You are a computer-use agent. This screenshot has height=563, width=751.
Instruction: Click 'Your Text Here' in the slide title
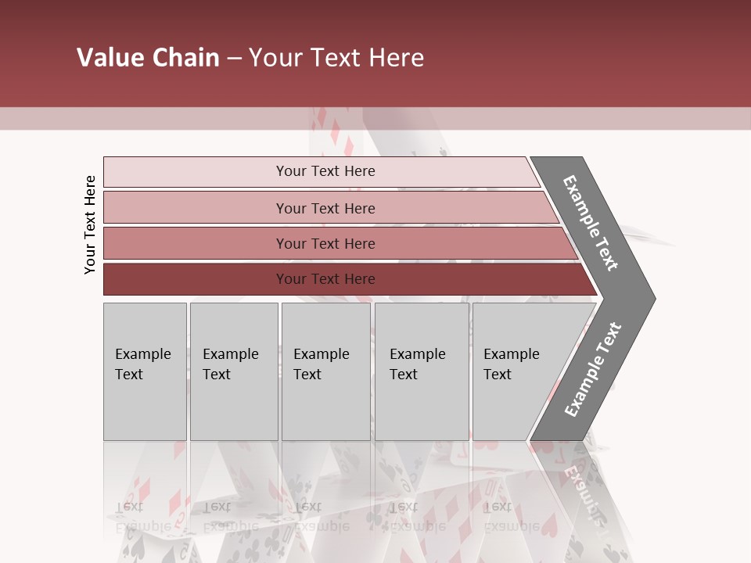point(336,58)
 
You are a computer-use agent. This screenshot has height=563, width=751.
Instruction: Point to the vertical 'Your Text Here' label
point(90,224)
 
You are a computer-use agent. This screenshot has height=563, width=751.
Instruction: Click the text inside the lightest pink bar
point(325,171)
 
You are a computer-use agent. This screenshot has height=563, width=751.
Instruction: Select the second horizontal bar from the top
point(325,208)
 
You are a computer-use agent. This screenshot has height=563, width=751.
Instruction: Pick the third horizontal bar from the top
point(325,243)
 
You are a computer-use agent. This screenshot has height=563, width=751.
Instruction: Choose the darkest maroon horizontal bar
point(325,279)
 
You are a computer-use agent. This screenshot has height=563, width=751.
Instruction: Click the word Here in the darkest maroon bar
point(359,279)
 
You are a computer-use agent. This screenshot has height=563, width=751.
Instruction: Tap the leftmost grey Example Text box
point(145,371)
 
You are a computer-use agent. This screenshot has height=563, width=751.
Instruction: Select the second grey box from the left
point(234,371)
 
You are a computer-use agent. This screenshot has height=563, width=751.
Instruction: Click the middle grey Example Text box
point(325,371)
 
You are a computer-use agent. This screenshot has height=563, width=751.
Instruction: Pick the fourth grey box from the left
point(422,371)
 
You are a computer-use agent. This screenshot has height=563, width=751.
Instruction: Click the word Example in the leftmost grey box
point(142,354)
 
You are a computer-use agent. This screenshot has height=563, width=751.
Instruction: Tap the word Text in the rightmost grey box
point(498,375)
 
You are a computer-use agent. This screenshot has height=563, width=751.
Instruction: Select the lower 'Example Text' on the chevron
point(593,370)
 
